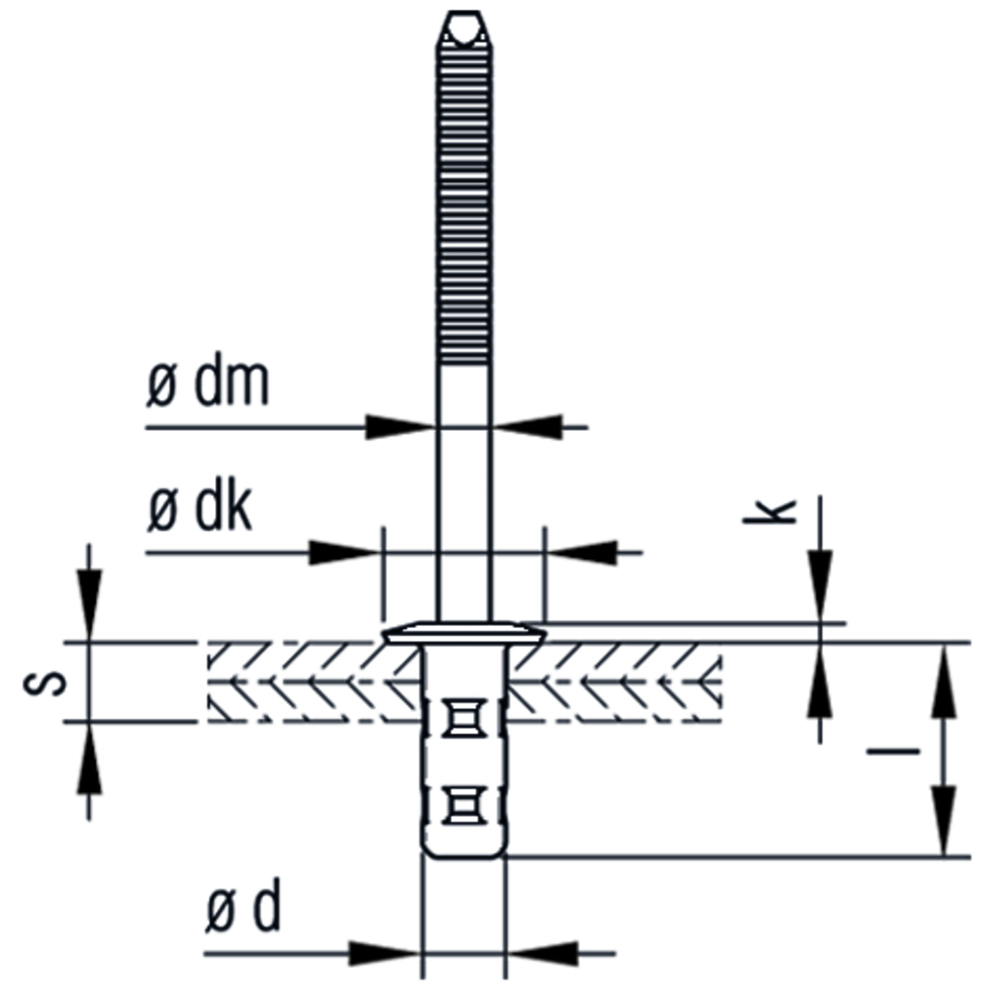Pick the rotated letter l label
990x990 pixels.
click(894, 751)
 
